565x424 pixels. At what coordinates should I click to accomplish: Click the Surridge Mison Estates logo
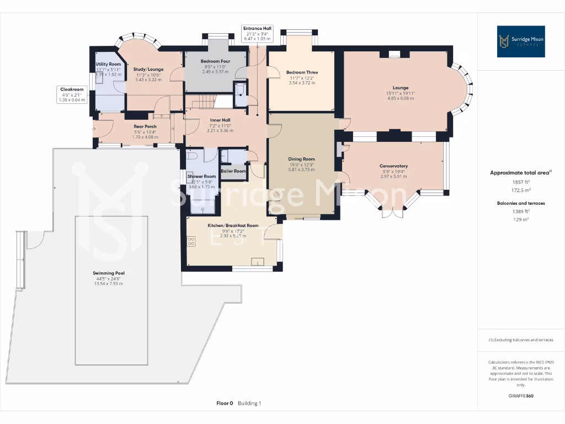(521, 41)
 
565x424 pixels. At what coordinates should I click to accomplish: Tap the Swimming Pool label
(108, 273)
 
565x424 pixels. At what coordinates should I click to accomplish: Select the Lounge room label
(401, 87)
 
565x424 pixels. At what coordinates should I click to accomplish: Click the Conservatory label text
(393, 166)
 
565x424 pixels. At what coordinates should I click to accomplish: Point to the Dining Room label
(301, 159)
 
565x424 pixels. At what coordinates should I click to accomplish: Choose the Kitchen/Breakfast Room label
(233, 225)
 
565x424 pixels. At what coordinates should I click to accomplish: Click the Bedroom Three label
(302, 72)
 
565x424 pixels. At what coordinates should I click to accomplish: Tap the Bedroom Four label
(215, 61)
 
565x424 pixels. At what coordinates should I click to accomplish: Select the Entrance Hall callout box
(257, 33)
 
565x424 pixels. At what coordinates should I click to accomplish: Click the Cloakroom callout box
(72, 94)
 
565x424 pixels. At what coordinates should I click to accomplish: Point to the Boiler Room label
(233, 171)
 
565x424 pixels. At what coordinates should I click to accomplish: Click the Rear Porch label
(145, 126)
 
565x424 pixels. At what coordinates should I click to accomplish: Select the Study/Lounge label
(148, 70)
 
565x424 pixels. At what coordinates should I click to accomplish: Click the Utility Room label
(108, 64)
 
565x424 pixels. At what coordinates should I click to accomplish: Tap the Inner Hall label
(220, 120)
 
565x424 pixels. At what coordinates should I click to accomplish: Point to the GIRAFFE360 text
(521, 396)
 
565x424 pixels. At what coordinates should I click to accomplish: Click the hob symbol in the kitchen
(191, 241)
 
